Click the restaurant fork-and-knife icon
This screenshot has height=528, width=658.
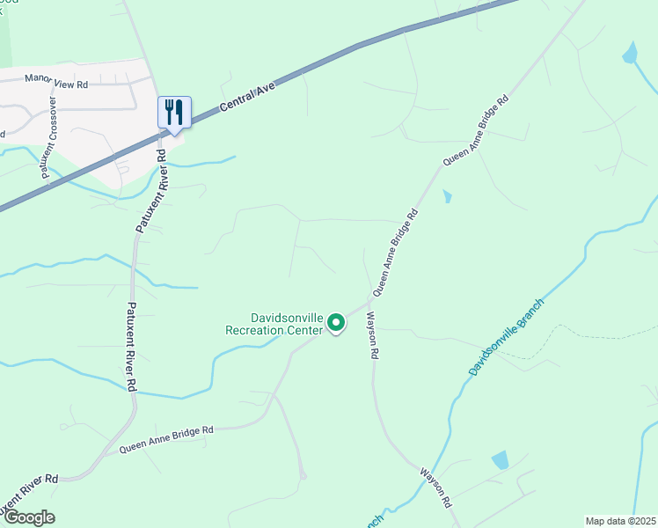point(174,113)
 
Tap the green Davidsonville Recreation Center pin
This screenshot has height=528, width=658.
point(336,324)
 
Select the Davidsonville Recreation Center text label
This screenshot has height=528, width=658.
point(274,323)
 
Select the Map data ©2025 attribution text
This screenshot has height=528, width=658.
point(621,521)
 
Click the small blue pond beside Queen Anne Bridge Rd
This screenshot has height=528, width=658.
point(448,196)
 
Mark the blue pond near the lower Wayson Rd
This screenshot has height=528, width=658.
point(500,459)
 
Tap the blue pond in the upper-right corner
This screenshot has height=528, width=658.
point(630,54)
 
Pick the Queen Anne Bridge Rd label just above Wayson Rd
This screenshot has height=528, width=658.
point(394,252)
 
